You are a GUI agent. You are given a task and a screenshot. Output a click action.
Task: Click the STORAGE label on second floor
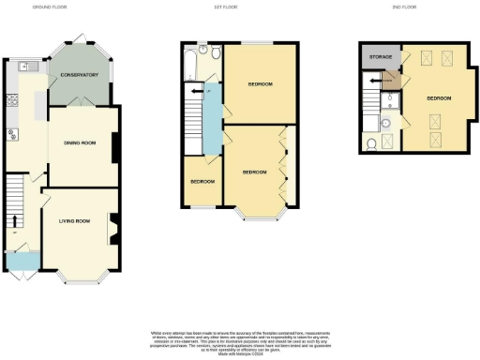click(381, 57)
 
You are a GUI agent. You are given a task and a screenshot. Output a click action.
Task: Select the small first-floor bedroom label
click(202, 181)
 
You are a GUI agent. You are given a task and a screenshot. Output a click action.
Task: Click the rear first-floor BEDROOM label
click(260, 84)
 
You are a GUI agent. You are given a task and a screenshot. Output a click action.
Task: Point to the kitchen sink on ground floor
click(27, 67)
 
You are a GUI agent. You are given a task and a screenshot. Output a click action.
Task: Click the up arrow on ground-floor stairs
click(15, 221)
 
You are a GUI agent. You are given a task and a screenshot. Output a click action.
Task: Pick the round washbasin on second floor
click(388, 123)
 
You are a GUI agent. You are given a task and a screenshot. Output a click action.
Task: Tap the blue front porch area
click(20, 260)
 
